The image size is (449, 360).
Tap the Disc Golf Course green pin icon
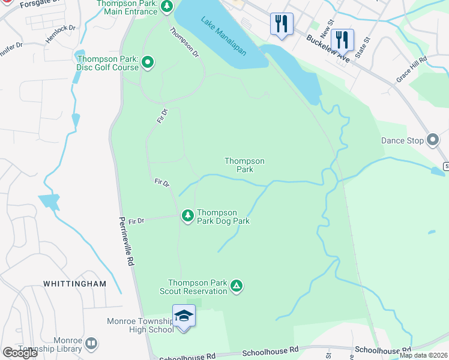coord(148,62)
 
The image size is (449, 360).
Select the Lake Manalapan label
coord(224,35)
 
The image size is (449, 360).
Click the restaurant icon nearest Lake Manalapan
coord(282,24)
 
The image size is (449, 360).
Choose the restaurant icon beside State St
coord(342,40)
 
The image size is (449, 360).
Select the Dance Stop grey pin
coord(433,140)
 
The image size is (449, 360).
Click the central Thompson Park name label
coord(244,165)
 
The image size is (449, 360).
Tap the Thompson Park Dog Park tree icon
coord(188,215)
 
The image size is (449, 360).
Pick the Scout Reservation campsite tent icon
coord(237,287)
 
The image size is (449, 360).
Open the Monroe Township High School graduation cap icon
coord(184,316)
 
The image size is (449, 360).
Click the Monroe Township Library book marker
coord(91,344)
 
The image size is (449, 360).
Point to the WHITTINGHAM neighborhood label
coord(74,283)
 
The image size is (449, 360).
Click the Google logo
coord(20,353)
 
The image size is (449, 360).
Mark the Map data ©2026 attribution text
coord(423,355)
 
